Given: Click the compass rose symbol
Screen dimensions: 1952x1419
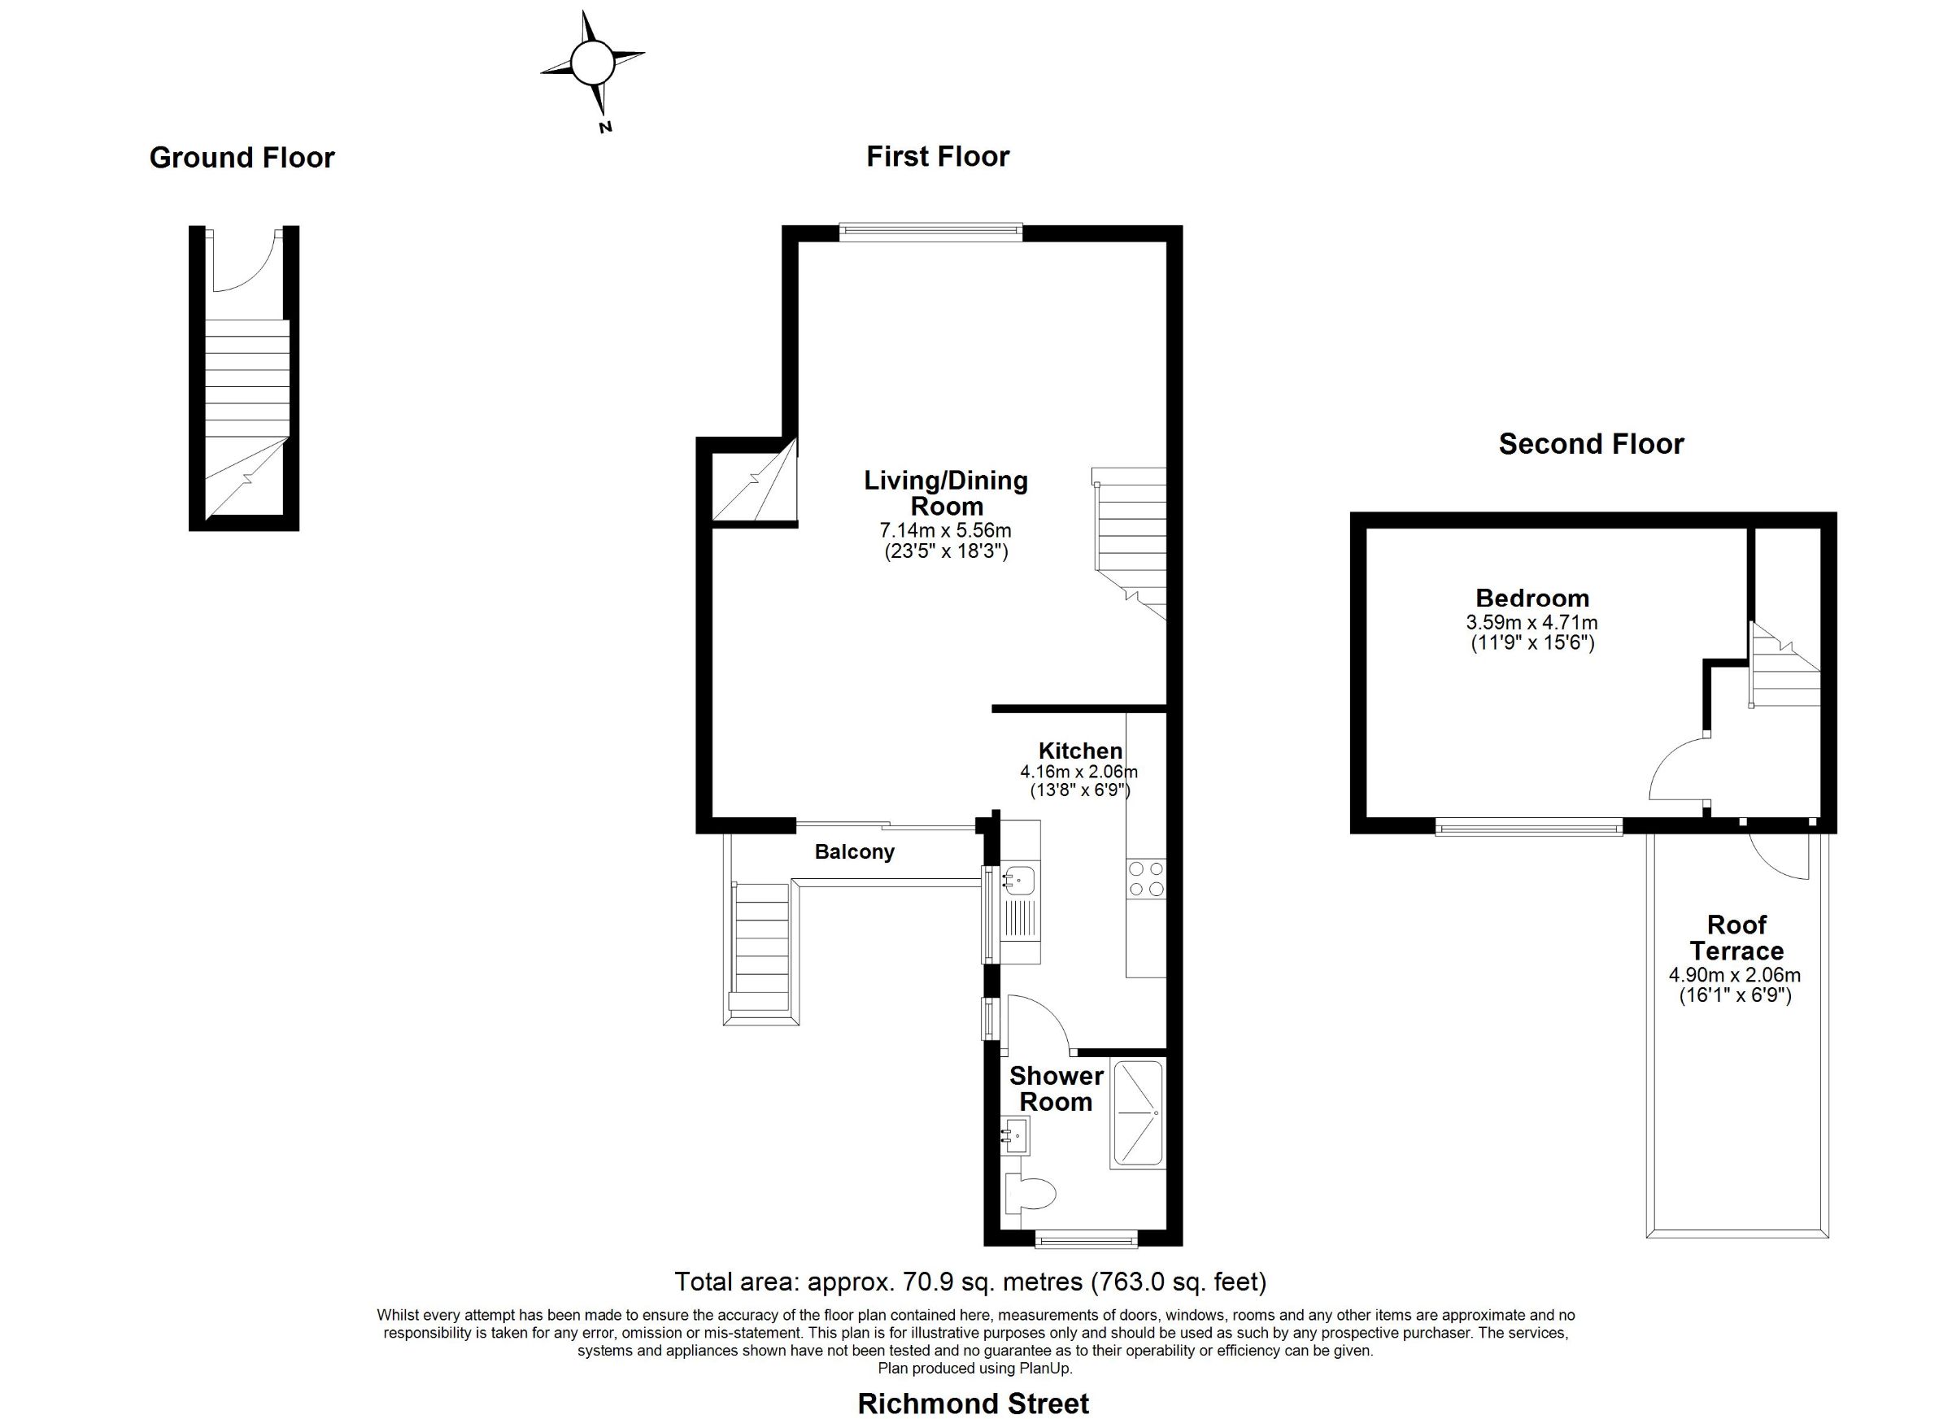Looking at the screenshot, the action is tap(591, 63).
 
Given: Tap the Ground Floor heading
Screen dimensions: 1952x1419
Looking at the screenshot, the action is tap(242, 158).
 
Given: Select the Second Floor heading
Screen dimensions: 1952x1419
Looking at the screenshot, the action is tap(1591, 444).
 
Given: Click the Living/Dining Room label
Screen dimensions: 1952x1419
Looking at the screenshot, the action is tap(946, 492).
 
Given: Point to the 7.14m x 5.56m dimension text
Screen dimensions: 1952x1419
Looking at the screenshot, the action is tap(947, 531).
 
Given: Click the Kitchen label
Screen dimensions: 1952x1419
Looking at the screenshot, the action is tap(1080, 751).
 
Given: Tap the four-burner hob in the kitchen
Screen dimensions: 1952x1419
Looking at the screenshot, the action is tap(1145, 878).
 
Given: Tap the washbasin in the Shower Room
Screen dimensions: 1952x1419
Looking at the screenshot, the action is tap(1016, 1136).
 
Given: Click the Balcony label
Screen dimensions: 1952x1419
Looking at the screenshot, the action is tap(855, 852).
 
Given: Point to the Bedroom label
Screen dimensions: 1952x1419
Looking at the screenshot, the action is tap(1532, 598).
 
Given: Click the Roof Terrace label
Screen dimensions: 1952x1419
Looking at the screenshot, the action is tap(1736, 938).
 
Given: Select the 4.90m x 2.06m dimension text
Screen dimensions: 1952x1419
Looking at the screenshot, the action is tap(1735, 976).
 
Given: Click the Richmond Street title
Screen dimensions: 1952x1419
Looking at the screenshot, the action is tap(974, 1404).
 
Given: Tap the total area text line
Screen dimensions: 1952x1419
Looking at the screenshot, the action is tap(971, 1282).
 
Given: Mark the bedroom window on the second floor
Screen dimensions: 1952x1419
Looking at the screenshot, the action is tap(1528, 828).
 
